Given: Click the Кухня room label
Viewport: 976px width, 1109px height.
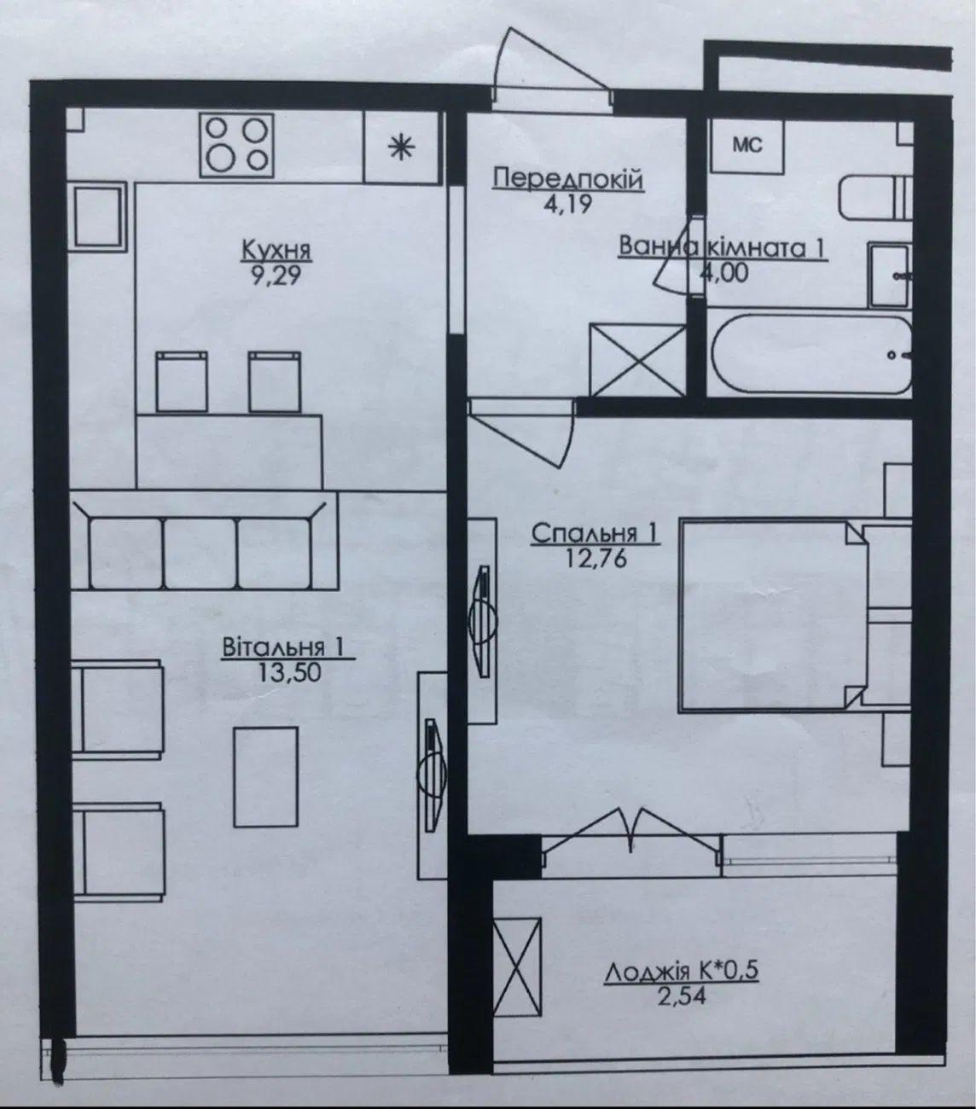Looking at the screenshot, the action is [x=276, y=250].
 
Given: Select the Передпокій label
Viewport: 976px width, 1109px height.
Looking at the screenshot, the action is [x=568, y=179].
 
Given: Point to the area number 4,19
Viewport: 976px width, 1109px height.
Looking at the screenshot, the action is [x=568, y=204].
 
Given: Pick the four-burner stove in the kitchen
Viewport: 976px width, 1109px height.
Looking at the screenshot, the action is [x=236, y=145].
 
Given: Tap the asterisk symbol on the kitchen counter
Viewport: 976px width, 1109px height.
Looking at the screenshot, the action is [x=402, y=148].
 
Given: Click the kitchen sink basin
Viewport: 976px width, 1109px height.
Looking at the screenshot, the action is [x=98, y=216].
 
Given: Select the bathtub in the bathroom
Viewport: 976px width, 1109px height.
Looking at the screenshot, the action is [x=810, y=354].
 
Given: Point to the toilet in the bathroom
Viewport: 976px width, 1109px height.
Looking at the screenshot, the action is [x=874, y=198].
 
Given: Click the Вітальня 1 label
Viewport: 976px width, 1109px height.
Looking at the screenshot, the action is [x=283, y=647].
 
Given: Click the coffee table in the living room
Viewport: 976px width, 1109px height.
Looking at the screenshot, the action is [x=266, y=776].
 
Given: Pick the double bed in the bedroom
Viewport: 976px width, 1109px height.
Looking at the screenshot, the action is [x=773, y=617].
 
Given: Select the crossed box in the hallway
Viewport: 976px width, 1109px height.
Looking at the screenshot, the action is [x=637, y=360].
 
